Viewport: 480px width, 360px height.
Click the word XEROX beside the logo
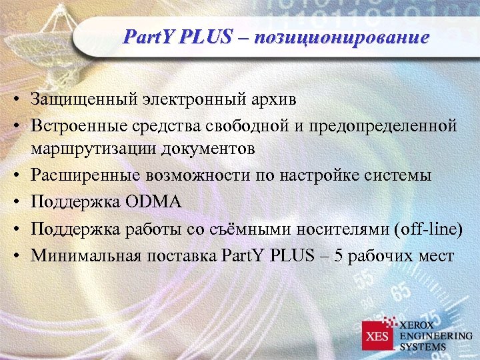(x=419, y=324)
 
